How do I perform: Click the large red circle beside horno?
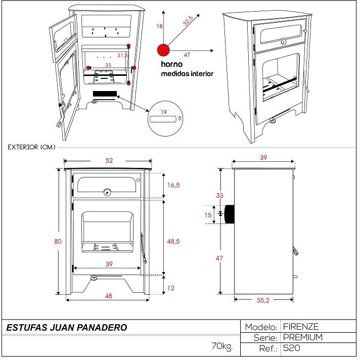(x=163, y=50)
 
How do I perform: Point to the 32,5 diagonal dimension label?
(x=188, y=21)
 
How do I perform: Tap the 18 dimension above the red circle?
(x=159, y=26)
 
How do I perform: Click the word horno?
(x=171, y=65)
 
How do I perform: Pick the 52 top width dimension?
(x=109, y=160)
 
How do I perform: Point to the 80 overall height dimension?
(x=57, y=241)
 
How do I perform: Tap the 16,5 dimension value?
(x=173, y=186)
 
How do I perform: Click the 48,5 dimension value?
(x=173, y=241)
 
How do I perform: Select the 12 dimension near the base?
(x=171, y=288)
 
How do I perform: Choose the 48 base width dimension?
(x=108, y=296)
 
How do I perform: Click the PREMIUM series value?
(x=303, y=337)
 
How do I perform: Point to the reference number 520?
(x=292, y=348)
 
